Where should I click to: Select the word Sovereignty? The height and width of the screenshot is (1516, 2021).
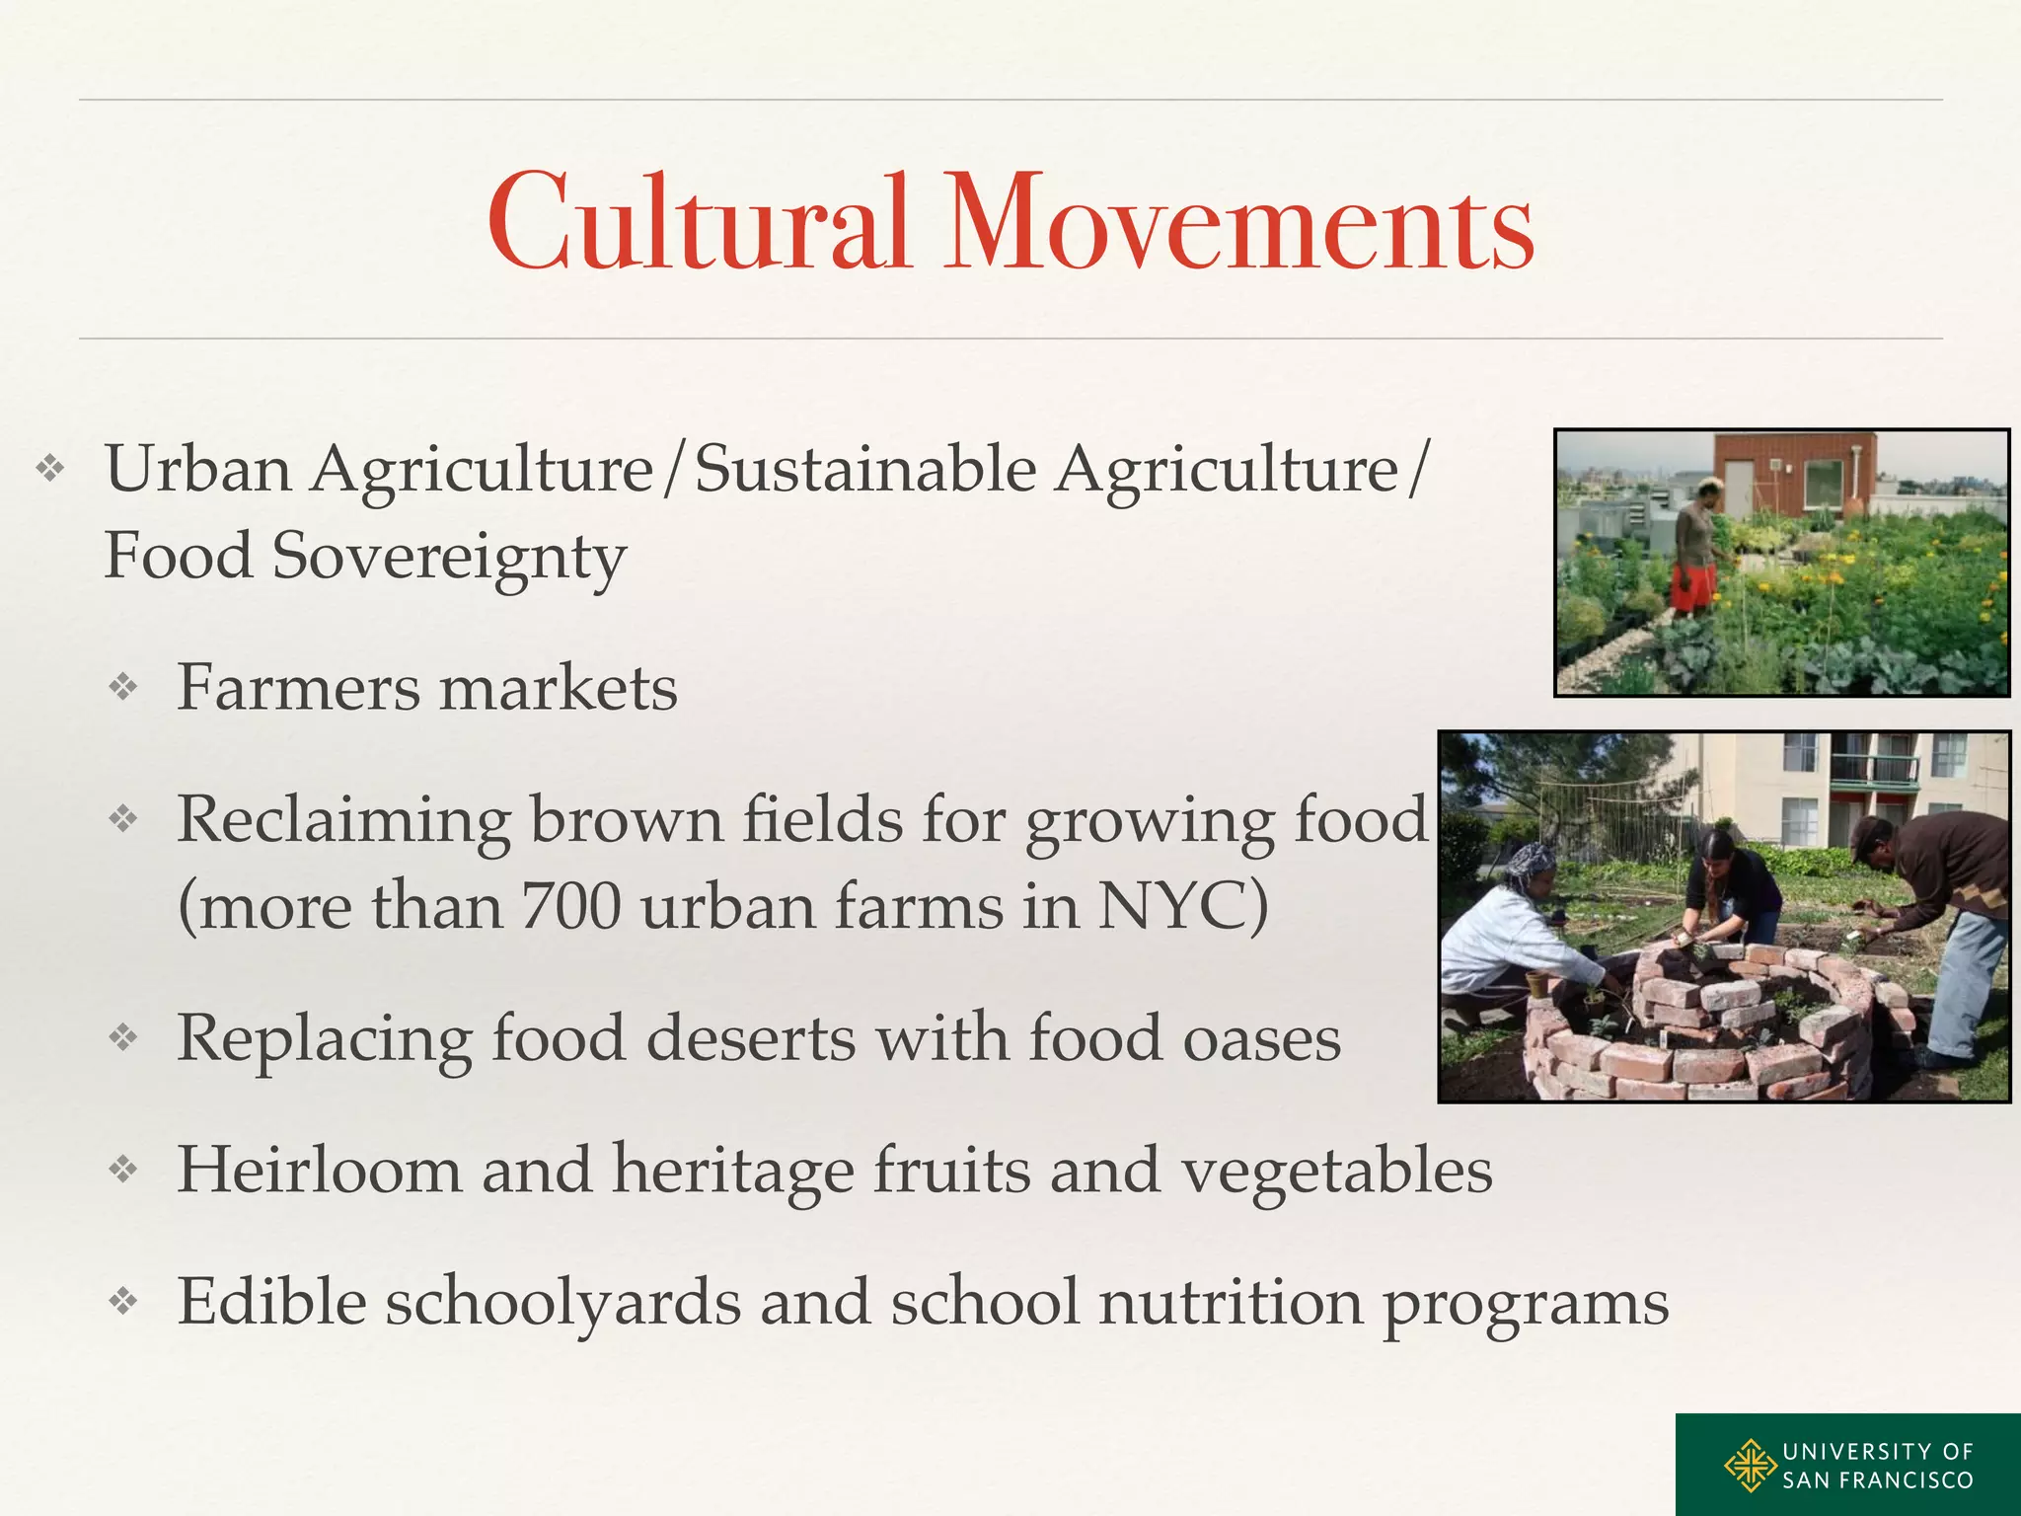(449, 557)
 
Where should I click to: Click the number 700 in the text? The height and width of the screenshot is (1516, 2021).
(571, 905)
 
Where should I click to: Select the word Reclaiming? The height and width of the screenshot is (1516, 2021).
(343, 820)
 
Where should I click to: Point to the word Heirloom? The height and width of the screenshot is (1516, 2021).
(319, 1170)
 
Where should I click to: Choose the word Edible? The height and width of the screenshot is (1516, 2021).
(271, 1302)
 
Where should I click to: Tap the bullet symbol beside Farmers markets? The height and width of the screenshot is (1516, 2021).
(123, 687)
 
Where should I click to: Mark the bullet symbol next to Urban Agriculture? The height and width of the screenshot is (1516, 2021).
(50, 468)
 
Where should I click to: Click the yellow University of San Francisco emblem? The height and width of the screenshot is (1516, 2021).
(1752, 1465)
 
